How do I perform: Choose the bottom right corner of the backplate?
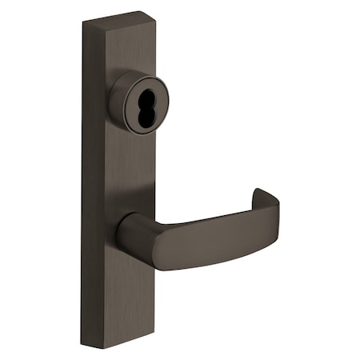150,346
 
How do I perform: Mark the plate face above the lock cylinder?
120,52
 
